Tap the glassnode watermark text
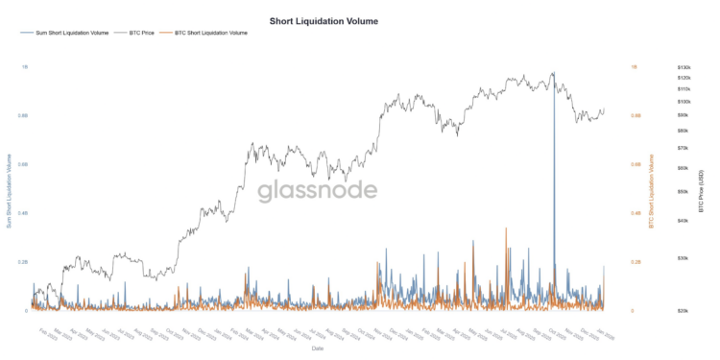[x=317, y=190]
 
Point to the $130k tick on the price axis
[x=684, y=67]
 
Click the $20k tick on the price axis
[x=684, y=311]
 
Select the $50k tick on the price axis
[x=684, y=191]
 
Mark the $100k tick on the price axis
[x=684, y=101]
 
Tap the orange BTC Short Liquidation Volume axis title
[x=652, y=190]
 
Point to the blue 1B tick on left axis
[x=24, y=67]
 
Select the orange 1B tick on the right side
[x=634, y=67]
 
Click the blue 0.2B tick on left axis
[x=22, y=262]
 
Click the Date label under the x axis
[x=316, y=348]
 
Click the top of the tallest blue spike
[x=553, y=73]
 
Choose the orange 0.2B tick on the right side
[x=636, y=262]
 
